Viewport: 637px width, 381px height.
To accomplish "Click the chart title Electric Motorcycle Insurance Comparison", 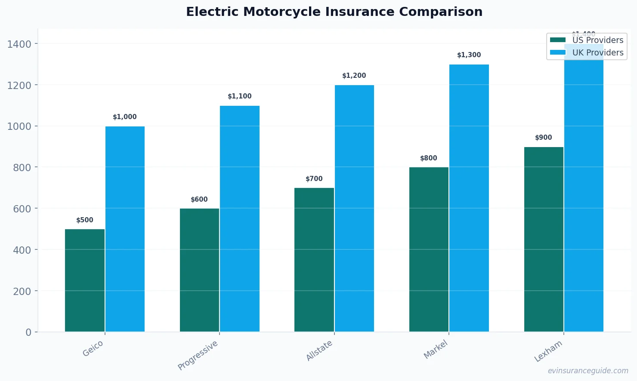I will point(334,12).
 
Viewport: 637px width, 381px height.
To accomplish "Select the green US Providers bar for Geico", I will point(85,280).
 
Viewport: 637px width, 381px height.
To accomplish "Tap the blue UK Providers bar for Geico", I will point(125,229).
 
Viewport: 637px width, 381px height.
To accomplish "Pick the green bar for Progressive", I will point(199,270).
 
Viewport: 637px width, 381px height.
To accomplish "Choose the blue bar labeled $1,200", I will point(354,208).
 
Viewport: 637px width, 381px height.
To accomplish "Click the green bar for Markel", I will point(429,249).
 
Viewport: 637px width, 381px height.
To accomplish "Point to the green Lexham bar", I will point(544,239).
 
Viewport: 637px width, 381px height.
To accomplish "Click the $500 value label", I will point(85,220).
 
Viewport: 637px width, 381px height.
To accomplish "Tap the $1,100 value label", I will point(240,96).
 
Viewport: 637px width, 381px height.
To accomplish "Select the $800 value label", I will point(429,158).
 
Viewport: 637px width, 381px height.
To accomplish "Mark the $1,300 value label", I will point(469,55).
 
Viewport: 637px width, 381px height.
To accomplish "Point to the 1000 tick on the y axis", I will point(19,126).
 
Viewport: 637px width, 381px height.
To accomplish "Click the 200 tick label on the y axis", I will point(22,291).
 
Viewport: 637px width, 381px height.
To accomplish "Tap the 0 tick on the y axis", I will point(28,332).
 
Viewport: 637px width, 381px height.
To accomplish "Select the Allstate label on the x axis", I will point(319,350).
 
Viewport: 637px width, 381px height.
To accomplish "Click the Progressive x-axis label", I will point(198,355).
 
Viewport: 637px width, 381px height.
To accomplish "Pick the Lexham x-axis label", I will point(548,351).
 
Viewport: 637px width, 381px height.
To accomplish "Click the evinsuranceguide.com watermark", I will point(588,371).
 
